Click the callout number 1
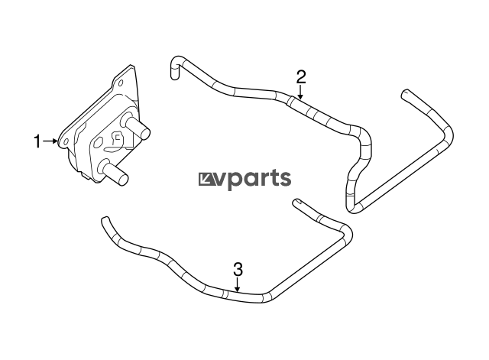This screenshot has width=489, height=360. pyautogui.click(x=37, y=141)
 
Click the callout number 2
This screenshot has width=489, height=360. pyautogui.click(x=301, y=76)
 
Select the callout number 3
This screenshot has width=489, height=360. pyautogui.click(x=238, y=269)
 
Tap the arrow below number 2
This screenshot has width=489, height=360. pyautogui.click(x=300, y=92)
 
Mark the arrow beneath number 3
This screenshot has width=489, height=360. pyautogui.click(x=238, y=285)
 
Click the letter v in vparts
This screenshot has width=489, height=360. pyautogui.click(x=220, y=180)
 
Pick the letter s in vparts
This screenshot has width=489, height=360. pyautogui.click(x=284, y=180)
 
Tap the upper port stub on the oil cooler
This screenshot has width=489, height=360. pyautogui.click(x=138, y=127)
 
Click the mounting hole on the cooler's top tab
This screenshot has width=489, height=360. pyautogui.click(x=121, y=83)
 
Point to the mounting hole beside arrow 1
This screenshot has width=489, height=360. pyautogui.click(x=66, y=142)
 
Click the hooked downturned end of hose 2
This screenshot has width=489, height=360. pyautogui.click(x=176, y=68)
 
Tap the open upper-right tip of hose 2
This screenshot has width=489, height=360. pyautogui.click(x=405, y=94)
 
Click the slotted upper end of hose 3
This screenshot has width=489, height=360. pyautogui.click(x=297, y=202)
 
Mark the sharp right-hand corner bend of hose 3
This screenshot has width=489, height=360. pyautogui.click(x=347, y=231)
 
